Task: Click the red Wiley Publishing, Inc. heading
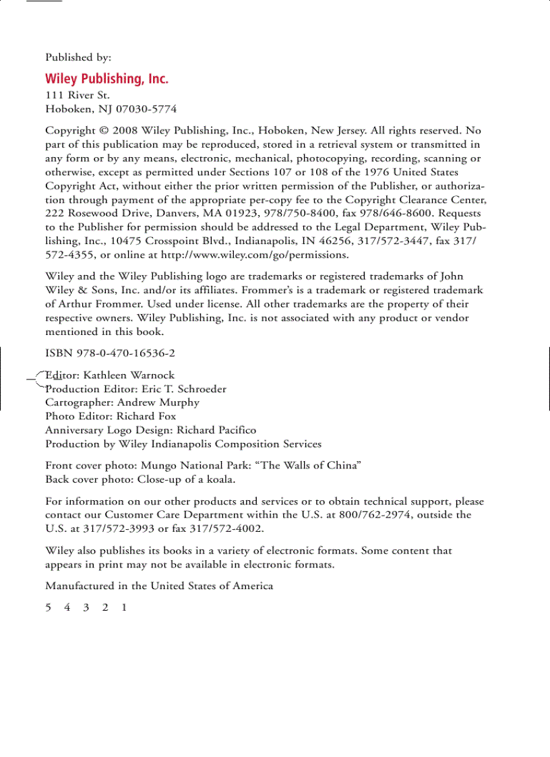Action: tap(106, 79)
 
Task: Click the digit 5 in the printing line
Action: tap(49, 607)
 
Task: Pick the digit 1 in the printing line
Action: tap(124, 607)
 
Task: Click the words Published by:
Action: tap(78, 58)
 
